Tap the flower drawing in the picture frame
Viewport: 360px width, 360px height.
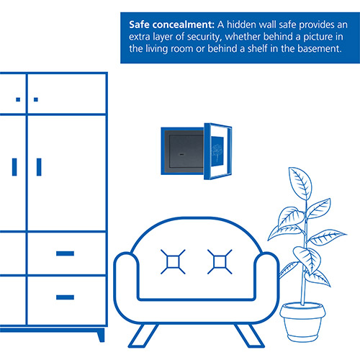pos(217,152)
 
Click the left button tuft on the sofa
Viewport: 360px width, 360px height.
pos(173,261)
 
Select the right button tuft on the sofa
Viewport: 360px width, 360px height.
pos(220,261)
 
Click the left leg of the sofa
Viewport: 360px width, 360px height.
pos(143,336)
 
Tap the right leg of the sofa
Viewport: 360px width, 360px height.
pos(250,336)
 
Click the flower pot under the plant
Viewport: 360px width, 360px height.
pos(302,323)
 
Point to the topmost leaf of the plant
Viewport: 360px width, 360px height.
pos(300,182)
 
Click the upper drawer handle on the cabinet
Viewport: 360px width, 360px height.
pos(65,253)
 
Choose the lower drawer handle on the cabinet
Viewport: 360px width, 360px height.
pos(65,297)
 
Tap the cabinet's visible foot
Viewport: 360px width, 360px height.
pos(101,335)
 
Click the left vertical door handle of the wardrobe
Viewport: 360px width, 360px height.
pos(14,167)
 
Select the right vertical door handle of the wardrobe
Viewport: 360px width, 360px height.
pos(39,167)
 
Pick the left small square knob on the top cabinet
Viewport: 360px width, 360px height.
pos(18,99)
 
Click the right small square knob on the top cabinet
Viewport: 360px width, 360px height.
pos(36,99)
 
